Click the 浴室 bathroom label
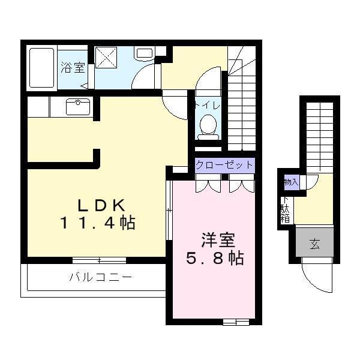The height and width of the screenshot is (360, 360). (x=73, y=67)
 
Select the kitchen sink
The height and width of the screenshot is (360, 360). (x=77, y=107)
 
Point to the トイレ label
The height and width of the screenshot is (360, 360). (x=207, y=106)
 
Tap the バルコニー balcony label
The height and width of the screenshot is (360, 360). (x=100, y=278)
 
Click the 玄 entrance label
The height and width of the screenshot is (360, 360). (x=314, y=243)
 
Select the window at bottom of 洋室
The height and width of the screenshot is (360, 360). (x=236, y=322)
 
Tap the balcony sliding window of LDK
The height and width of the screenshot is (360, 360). (x=99, y=260)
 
